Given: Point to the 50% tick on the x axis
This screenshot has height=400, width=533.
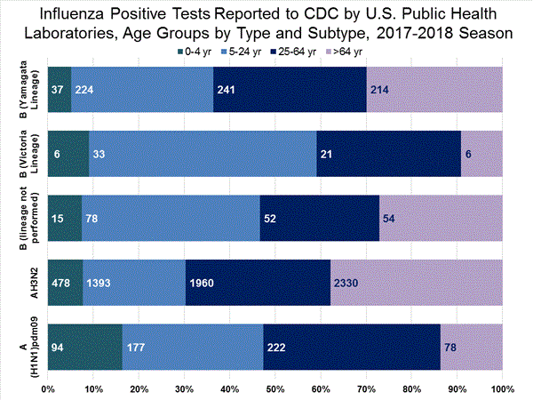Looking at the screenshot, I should pyautogui.click(x=274, y=388).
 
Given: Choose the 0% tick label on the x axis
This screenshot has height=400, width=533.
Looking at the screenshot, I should pyautogui.click(x=48, y=388).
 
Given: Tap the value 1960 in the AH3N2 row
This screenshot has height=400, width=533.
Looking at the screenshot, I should pyautogui.click(x=202, y=283).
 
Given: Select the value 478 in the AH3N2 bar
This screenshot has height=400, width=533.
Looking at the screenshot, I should pyautogui.click(x=59, y=283).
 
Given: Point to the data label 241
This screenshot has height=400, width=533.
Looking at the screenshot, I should pyautogui.click(x=227, y=90).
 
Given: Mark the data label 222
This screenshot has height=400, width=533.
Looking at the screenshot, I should pyautogui.click(x=277, y=347).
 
